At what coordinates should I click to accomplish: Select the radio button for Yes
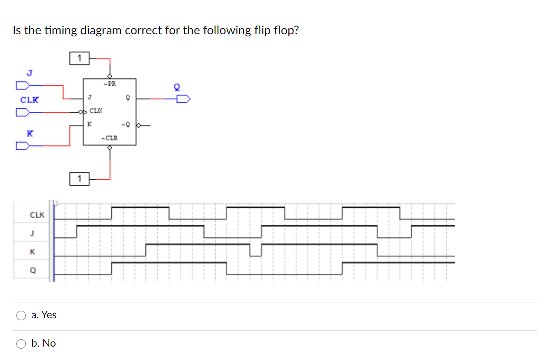coord(21,315)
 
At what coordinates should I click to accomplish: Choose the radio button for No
coord(21,344)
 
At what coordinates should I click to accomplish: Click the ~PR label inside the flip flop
coord(109,84)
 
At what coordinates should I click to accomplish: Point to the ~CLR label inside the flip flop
coord(109,138)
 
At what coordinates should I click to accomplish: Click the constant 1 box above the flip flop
coord(79,59)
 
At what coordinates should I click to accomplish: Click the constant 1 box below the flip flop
coord(79,178)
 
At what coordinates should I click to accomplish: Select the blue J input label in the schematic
coord(29,72)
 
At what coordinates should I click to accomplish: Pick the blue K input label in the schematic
coord(30,133)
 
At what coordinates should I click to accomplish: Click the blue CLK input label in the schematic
coord(29,100)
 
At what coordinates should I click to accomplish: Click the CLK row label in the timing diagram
coord(37,216)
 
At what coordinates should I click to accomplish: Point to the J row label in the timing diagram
coord(32,233)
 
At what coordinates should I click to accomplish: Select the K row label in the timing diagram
coord(32,252)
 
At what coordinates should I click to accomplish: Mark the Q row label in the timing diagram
coord(32,270)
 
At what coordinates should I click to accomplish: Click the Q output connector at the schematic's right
coord(183,99)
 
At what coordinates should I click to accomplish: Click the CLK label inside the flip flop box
coord(96,110)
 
